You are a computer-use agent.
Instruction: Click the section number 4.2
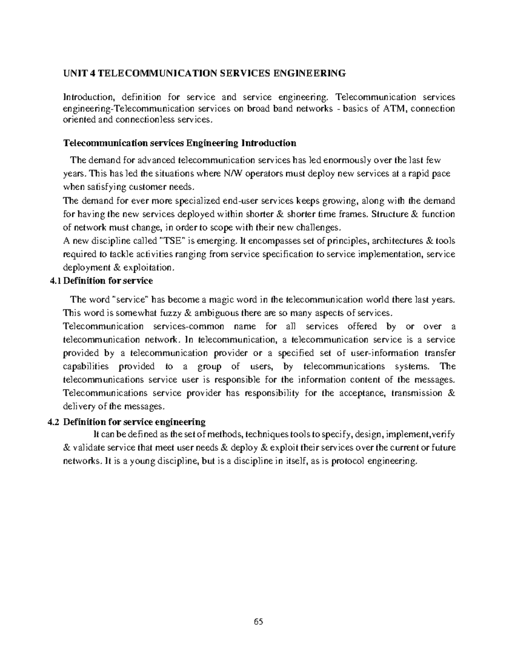(x=54, y=422)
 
